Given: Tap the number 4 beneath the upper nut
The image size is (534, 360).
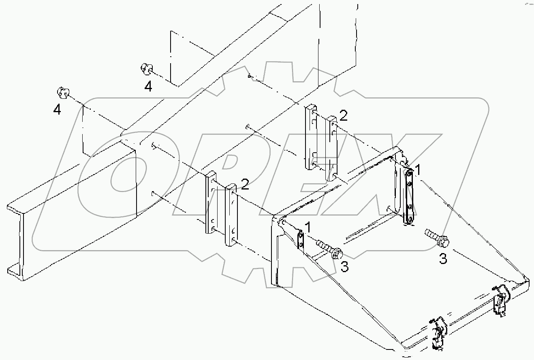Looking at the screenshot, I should pyautogui.click(x=149, y=86).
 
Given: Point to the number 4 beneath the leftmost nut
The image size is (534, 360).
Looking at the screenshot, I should pyautogui.click(x=58, y=109).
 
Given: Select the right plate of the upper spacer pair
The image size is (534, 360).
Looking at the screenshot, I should pyautogui.click(x=332, y=148).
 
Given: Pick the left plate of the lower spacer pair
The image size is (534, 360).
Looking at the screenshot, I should pyautogui.click(x=211, y=202).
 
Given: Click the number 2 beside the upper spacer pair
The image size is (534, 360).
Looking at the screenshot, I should pyautogui.click(x=344, y=116).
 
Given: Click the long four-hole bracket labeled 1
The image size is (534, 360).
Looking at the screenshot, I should pyautogui.click(x=409, y=196).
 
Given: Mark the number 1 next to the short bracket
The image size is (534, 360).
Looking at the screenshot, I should pyautogui.click(x=308, y=228).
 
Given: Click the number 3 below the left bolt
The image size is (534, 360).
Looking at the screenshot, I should pyautogui.click(x=344, y=266).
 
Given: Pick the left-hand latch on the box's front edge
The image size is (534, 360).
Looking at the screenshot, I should pyautogui.click(x=438, y=333).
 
